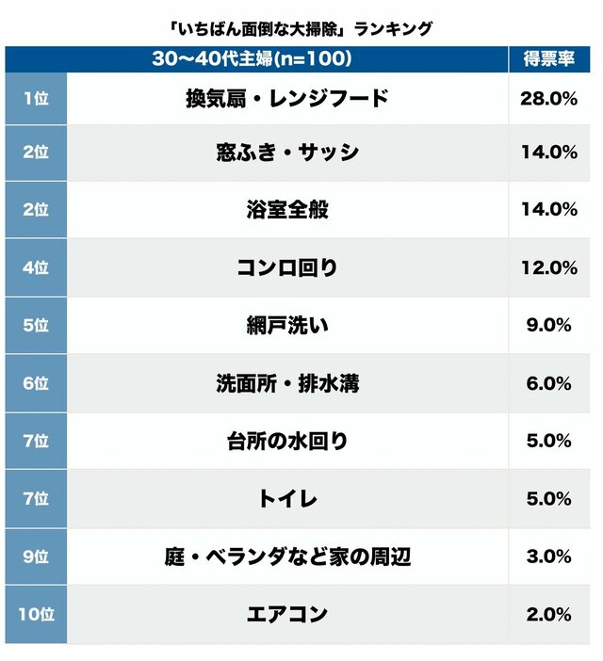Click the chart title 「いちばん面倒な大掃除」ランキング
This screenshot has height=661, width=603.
click(x=301, y=28)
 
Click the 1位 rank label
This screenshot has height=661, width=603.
click(x=35, y=97)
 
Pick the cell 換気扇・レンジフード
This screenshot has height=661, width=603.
click(x=286, y=97)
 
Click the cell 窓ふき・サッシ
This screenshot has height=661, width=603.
click(x=286, y=153)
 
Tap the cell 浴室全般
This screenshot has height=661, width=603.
click(x=286, y=209)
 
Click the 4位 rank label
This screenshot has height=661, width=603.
click(x=35, y=267)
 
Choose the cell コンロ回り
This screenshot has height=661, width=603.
click(x=286, y=267)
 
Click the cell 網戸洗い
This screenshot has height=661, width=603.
click(x=286, y=325)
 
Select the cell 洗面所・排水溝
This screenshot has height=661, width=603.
click(x=286, y=383)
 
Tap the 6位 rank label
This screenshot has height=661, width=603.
click(x=35, y=383)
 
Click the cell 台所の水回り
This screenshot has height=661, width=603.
click(x=286, y=441)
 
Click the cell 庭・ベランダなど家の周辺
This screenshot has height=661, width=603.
click(x=286, y=556)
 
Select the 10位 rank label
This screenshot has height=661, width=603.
click(x=35, y=614)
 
